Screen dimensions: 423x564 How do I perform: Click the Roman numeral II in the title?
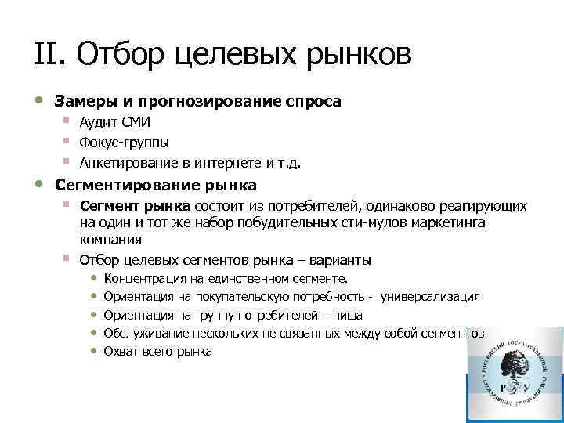click(x=46, y=56)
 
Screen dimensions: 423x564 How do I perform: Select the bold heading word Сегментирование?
click(x=118, y=186)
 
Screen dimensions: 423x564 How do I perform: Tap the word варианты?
click(x=344, y=259)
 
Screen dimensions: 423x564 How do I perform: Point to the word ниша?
click(x=346, y=315)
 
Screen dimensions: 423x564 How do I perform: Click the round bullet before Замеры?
click(x=39, y=100)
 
